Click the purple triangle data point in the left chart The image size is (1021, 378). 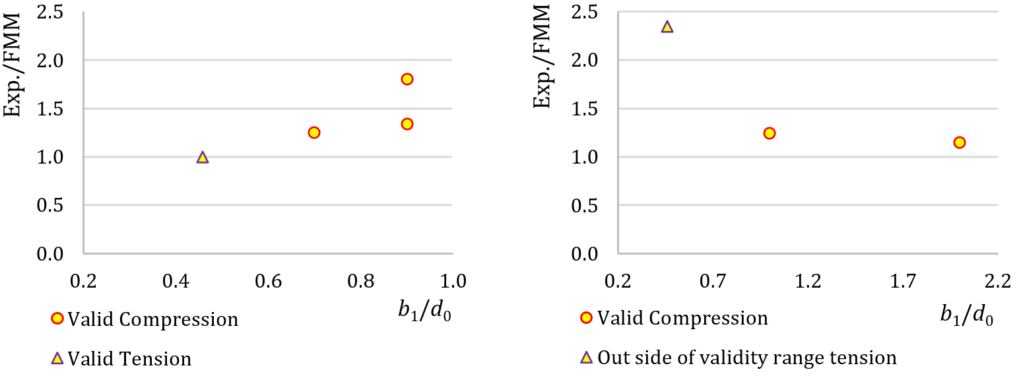point(203,157)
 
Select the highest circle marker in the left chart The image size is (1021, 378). point(407,79)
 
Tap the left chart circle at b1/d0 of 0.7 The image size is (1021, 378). point(314,133)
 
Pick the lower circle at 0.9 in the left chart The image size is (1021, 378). point(407,124)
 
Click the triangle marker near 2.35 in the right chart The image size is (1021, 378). point(667,27)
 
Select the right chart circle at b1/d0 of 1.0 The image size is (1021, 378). point(769,133)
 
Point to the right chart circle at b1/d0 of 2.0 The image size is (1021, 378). point(960,142)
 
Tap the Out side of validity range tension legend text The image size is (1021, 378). point(747,358)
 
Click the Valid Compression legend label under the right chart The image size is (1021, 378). point(682,318)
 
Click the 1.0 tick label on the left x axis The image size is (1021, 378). point(453,282)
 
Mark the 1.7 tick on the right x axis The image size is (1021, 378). point(904,282)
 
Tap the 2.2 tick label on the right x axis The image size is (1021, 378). point(997,282)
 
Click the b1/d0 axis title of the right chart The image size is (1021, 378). point(966,317)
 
